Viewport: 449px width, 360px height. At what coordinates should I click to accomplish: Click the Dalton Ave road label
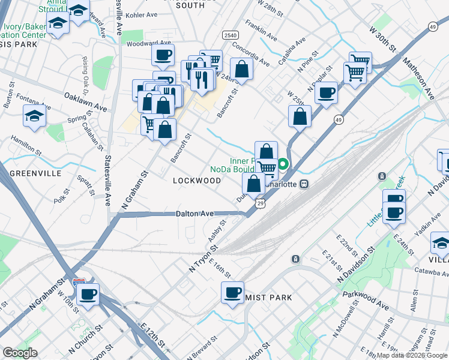(195, 214)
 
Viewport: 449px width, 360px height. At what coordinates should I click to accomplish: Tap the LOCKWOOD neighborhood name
(197, 181)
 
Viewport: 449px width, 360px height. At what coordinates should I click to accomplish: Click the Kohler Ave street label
(142, 14)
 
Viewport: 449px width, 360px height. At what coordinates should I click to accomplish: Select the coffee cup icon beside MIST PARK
(232, 293)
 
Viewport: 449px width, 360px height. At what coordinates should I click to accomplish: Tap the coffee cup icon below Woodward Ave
(163, 56)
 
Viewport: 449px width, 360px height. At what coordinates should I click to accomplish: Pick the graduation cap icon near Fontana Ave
(34, 116)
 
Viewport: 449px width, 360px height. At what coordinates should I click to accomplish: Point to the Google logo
(20, 353)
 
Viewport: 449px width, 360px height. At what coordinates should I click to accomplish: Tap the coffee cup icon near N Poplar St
(325, 93)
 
